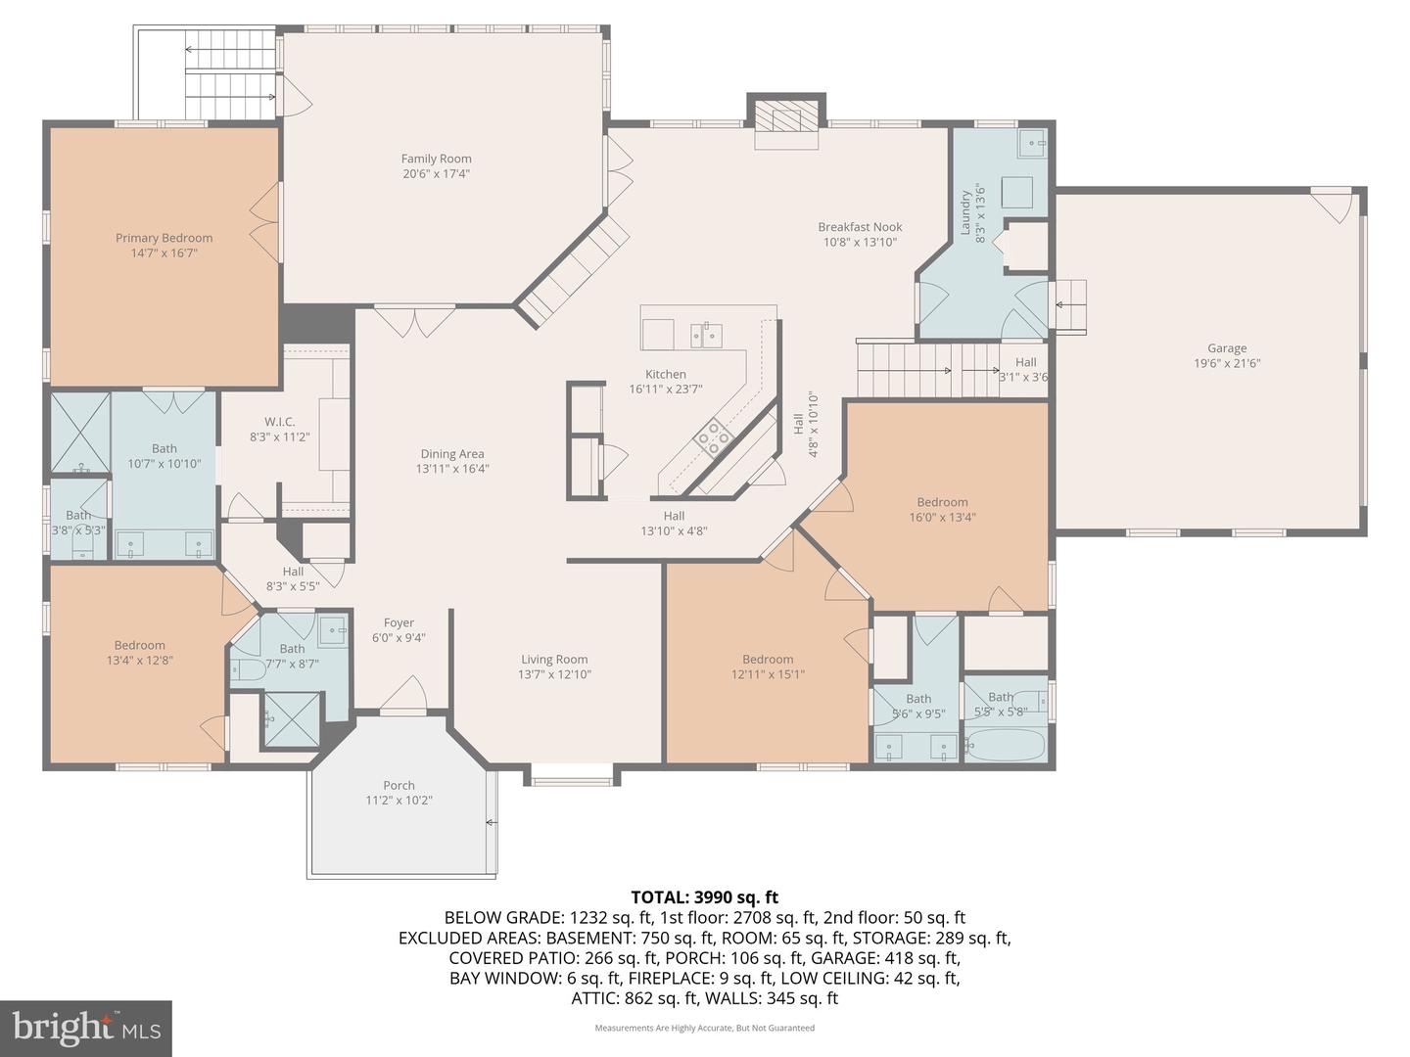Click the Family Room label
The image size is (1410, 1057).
436,159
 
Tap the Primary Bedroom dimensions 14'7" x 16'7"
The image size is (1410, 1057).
164,253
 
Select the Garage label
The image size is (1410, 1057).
1226,347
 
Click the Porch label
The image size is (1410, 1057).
399,785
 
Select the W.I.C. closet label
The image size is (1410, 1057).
279,422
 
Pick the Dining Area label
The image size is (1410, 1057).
451,453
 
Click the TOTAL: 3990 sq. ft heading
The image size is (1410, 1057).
704,896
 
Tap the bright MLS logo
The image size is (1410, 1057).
86,1028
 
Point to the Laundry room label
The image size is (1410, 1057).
965,212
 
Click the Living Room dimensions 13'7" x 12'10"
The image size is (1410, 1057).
554,674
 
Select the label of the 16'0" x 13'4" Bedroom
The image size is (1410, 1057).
942,502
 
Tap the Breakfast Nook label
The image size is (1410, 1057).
860,227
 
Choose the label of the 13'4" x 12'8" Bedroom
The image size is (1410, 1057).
139,645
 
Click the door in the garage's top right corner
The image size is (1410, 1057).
1334,206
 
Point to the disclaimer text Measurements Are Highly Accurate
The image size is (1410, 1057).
704,1028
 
